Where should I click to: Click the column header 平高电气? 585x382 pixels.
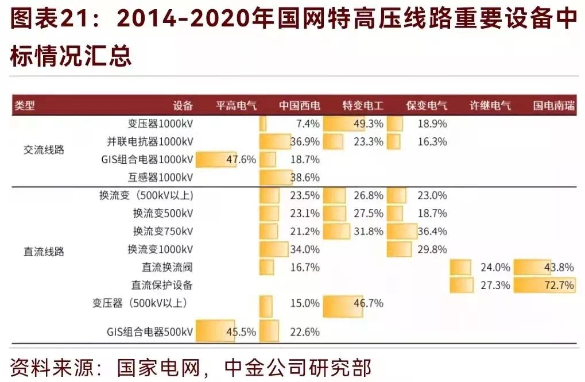(236, 106)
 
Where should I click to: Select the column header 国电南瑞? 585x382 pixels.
(554, 106)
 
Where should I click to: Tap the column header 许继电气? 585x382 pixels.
(490, 106)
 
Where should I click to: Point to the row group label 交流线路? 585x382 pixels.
(44, 150)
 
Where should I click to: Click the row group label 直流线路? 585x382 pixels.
(44, 251)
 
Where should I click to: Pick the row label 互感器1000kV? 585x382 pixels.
(160, 177)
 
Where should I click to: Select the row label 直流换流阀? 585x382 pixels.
(167, 267)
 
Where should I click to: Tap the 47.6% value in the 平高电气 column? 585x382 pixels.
(241, 159)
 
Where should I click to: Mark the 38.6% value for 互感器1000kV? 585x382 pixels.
(304, 177)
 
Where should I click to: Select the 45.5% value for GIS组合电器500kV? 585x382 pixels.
(241, 331)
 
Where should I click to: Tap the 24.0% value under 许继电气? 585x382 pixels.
(495, 267)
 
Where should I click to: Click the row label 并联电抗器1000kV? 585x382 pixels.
(150, 141)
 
